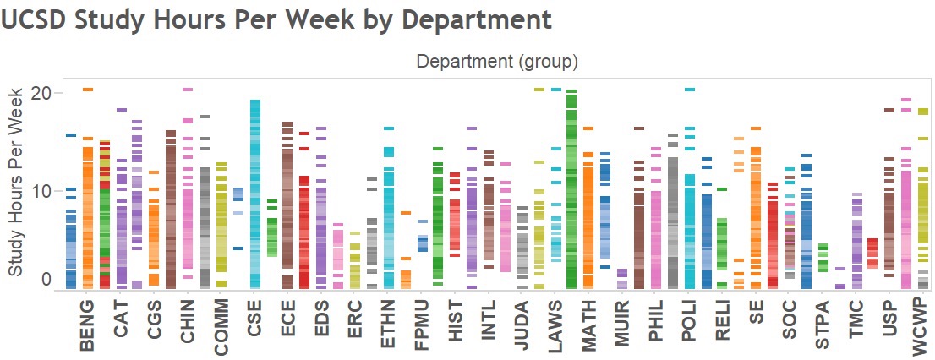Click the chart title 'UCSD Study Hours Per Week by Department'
[x=276, y=19]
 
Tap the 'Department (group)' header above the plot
[x=496, y=62]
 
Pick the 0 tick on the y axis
[x=46, y=280]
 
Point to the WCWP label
[x=921, y=325]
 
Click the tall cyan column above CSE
[x=254, y=194]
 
